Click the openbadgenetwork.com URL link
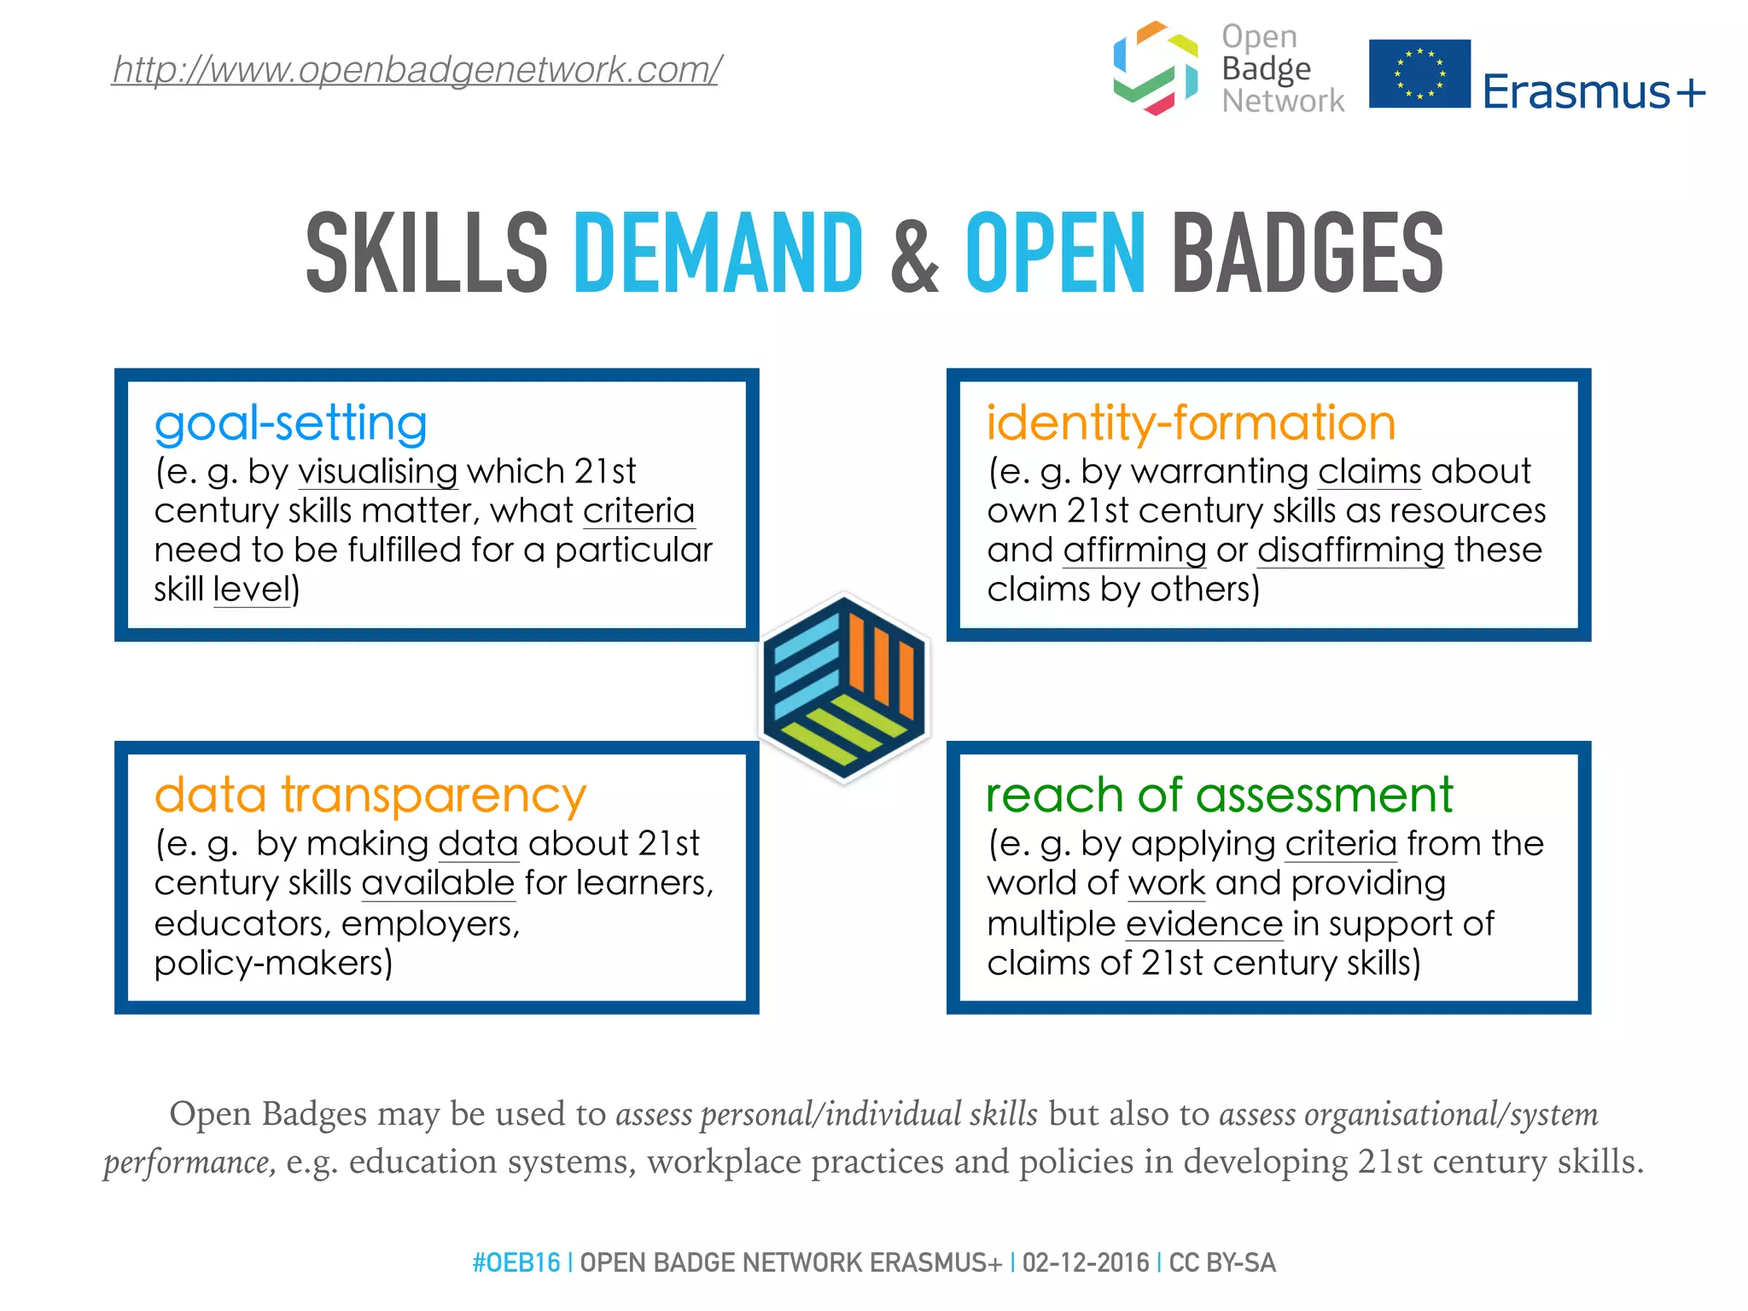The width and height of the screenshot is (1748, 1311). pyautogui.click(x=417, y=69)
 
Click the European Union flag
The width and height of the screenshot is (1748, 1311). pyautogui.click(x=1419, y=73)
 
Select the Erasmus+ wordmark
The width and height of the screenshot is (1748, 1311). pyautogui.click(x=1594, y=92)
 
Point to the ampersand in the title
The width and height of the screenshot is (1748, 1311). pyautogui.click(x=913, y=254)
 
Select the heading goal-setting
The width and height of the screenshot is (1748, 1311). pyautogui.click(x=290, y=423)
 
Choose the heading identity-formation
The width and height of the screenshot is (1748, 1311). pyautogui.click(x=1191, y=423)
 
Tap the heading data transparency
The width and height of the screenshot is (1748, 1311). pyautogui.click(x=370, y=795)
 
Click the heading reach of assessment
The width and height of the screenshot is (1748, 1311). pyautogui.click(x=1219, y=795)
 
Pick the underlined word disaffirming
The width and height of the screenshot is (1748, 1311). pyautogui.click(x=1350, y=551)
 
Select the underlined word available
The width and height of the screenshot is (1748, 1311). pyautogui.click(x=438, y=883)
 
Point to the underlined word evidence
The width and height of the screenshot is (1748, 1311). pyautogui.click(x=1204, y=924)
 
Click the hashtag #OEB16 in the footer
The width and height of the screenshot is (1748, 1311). pyautogui.click(x=516, y=1262)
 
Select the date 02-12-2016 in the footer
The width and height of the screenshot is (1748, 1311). pyautogui.click(x=1086, y=1262)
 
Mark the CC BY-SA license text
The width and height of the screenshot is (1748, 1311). pyautogui.click(x=1222, y=1262)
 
